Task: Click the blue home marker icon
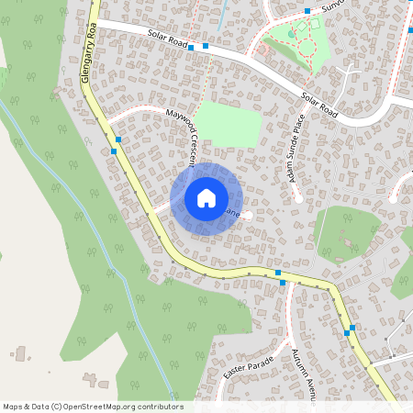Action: click(206, 198)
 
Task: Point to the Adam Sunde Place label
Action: click(296, 152)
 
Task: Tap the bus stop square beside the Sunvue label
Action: click(307, 11)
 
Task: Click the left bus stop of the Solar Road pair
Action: click(191, 47)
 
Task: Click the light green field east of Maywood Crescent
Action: click(228, 122)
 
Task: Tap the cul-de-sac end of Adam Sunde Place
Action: click(299, 196)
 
